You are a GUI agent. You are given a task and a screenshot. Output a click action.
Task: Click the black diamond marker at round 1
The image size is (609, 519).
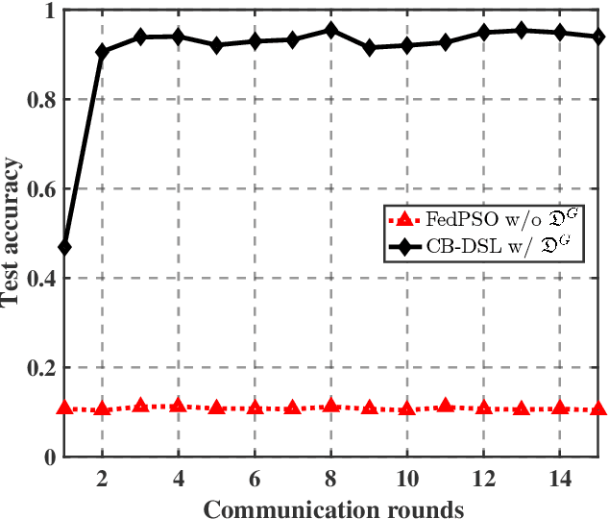(64, 248)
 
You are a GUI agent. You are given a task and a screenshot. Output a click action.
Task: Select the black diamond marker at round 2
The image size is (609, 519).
(102, 51)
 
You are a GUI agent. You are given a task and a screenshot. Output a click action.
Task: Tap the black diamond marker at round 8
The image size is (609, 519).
(330, 30)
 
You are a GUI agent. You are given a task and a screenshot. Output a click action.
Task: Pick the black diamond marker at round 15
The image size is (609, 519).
(597, 37)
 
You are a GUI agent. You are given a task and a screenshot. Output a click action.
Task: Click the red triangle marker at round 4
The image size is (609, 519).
(178, 406)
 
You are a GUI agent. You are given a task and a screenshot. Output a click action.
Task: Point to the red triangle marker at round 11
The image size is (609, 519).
(445, 407)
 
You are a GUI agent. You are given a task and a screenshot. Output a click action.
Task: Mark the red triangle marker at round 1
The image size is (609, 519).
(64, 408)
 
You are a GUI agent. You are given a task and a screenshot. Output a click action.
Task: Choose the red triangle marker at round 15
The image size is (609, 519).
(597, 408)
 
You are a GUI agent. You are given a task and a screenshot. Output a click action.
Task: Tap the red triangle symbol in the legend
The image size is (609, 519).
(403, 220)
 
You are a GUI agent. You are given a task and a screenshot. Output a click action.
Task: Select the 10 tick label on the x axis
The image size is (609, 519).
(406, 478)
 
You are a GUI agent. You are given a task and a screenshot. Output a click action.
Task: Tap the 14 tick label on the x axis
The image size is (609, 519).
(559, 478)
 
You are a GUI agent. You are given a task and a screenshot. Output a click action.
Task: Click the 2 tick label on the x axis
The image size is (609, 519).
(102, 478)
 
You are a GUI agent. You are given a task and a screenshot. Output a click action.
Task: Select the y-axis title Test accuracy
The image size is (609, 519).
(12, 235)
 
